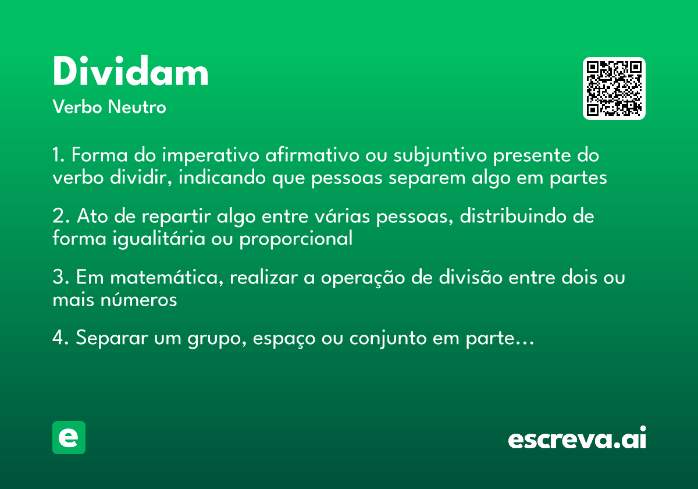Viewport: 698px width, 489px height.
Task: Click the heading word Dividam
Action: click(x=130, y=73)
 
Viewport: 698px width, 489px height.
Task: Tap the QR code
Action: click(x=614, y=88)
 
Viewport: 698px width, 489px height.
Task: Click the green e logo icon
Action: click(x=69, y=437)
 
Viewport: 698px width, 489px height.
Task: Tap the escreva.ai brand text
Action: click(x=577, y=439)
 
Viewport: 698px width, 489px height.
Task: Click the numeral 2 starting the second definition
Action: click(x=58, y=217)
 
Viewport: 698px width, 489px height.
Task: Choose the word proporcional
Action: click(x=296, y=239)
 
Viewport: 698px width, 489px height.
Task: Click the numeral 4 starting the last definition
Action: click(x=58, y=338)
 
